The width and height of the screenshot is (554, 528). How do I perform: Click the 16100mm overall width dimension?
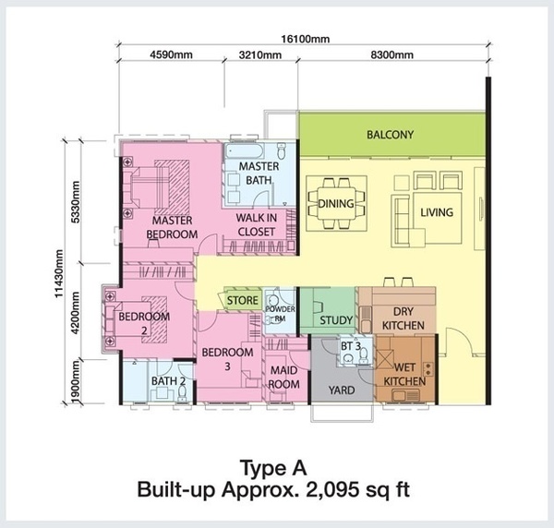tap(306, 39)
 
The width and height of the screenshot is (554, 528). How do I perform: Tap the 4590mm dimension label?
tap(172, 54)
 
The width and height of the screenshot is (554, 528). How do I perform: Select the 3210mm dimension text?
tap(260, 55)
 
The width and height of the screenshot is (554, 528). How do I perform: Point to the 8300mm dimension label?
tap(391, 55)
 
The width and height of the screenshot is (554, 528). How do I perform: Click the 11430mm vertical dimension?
tap(59, 274)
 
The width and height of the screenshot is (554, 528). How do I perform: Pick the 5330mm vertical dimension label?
tap(76, 201)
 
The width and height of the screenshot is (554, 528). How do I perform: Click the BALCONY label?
tap(390, 135)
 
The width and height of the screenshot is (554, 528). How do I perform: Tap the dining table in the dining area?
tap(336, 203)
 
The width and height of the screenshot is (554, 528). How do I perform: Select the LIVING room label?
tap(437, 212)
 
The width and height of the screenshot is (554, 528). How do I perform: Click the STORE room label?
tap(242, 300)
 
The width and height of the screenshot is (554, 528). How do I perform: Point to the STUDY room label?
tap(336, 320)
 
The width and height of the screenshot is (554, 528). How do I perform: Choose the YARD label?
tap(342, 390)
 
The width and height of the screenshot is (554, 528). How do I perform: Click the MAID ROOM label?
tap(284, 378)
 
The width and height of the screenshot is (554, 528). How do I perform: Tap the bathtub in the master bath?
tap(244, 151)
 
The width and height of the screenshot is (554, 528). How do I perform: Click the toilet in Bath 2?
tap(182, 392)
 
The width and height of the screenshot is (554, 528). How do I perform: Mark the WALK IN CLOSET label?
tap(256, 224)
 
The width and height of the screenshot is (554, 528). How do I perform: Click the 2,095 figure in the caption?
tap(337, 490)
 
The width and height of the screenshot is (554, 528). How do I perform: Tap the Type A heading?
tap(273, 468)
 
